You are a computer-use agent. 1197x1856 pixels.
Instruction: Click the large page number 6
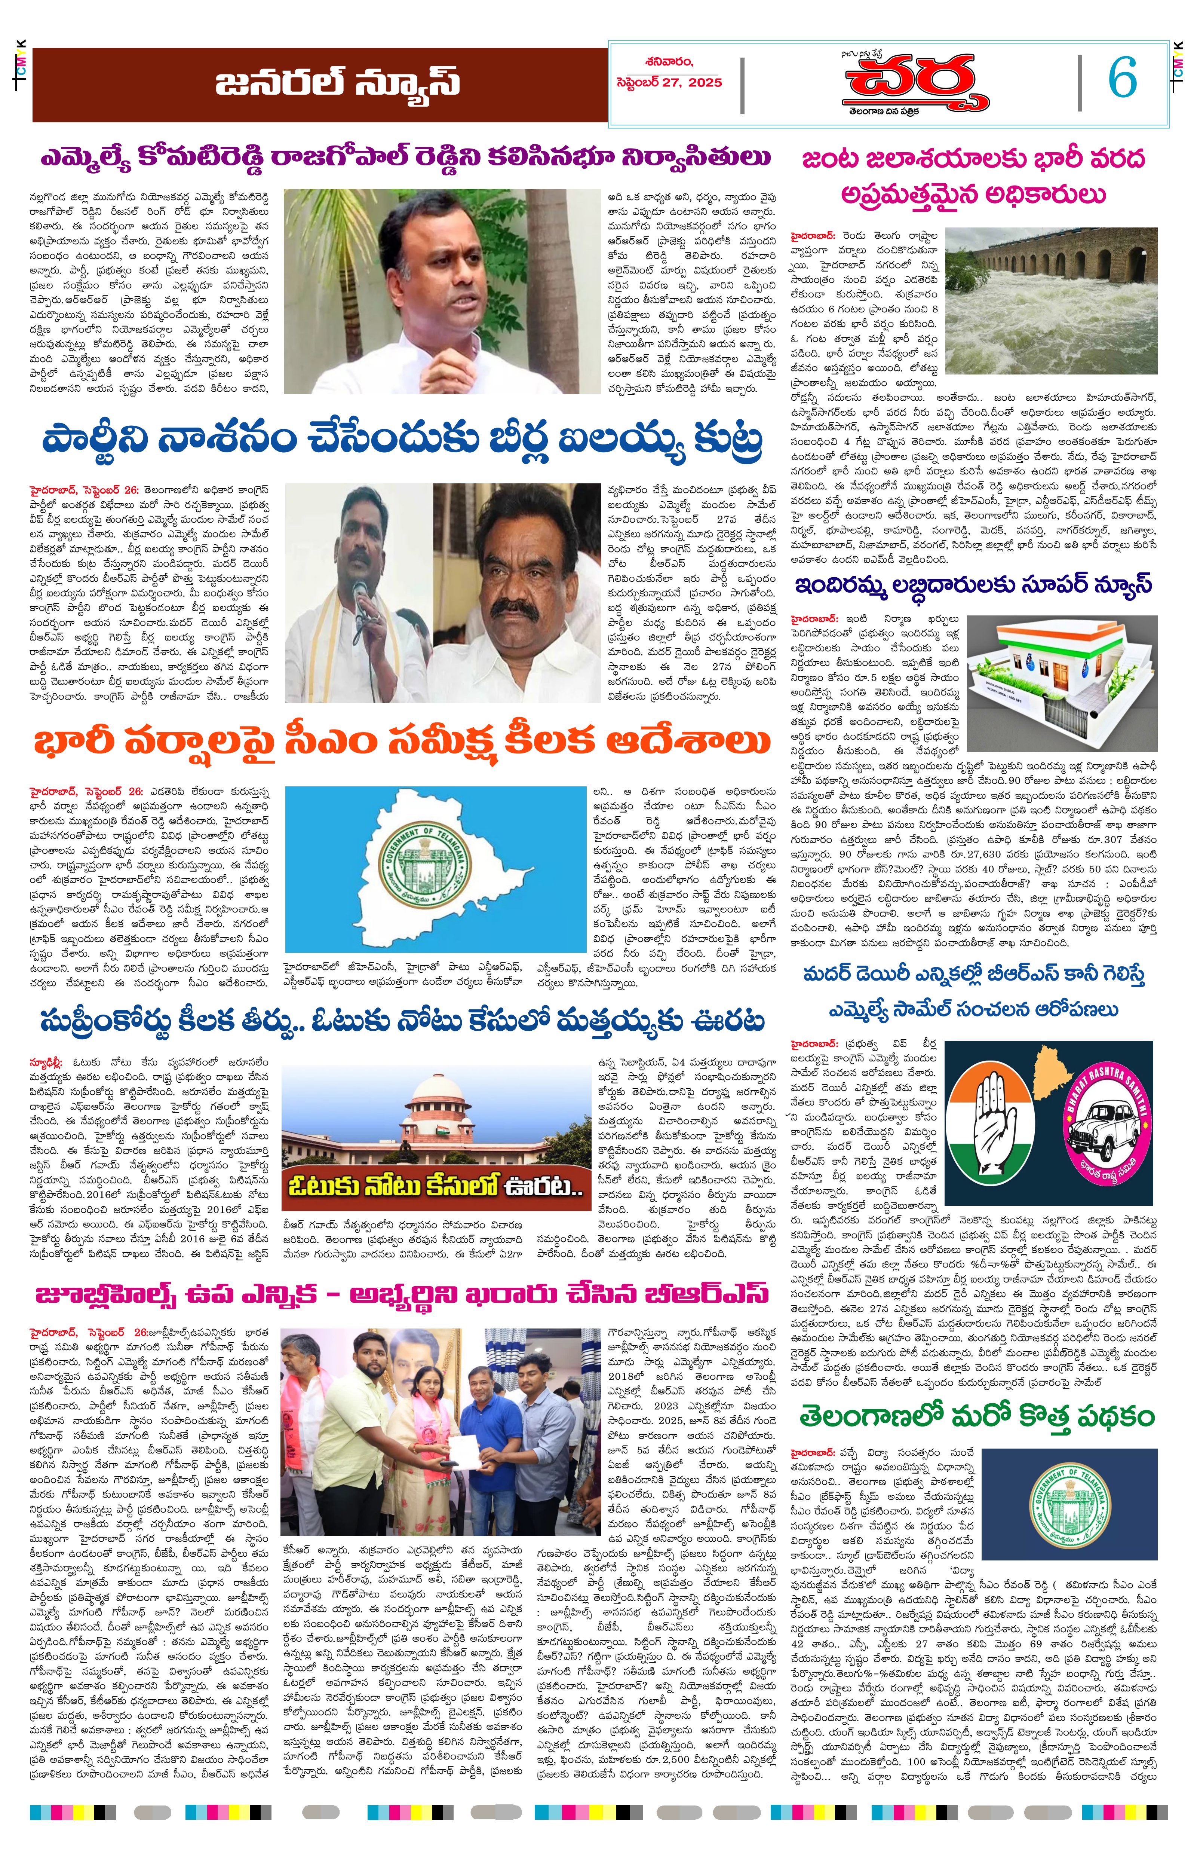click(1121, 78)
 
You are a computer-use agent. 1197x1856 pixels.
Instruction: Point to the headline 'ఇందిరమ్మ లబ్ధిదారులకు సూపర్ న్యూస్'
click(972, 585)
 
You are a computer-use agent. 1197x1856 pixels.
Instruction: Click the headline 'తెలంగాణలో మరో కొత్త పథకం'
click(977, 1416)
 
